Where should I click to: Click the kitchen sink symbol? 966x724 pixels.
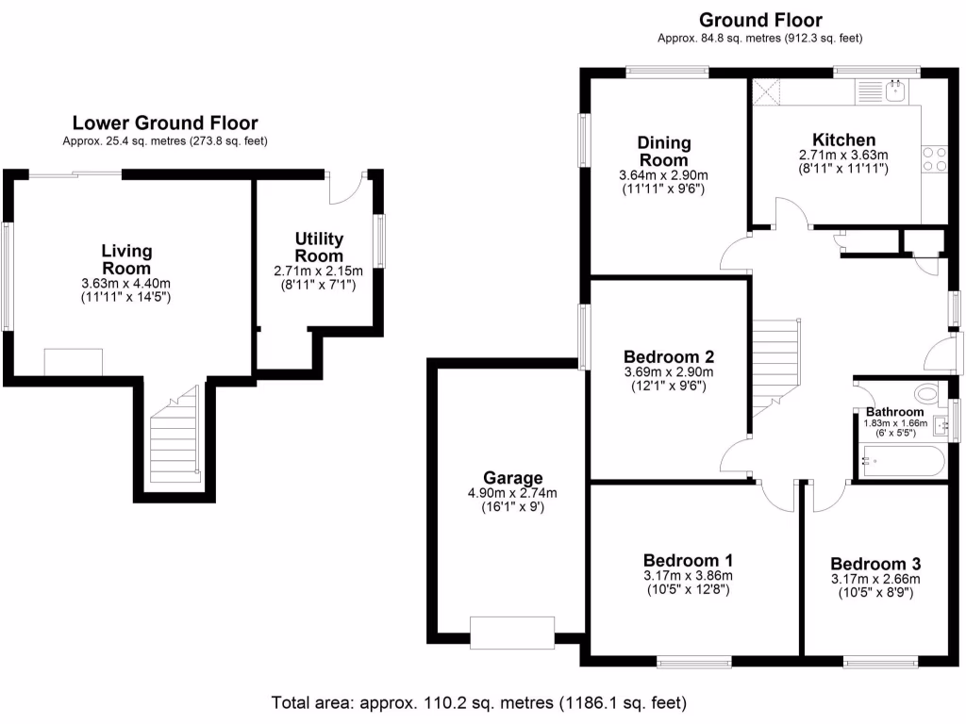tap(881, 91)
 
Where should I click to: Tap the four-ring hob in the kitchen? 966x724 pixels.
tap(934, 158)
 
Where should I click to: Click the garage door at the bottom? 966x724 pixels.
tap(512, 633)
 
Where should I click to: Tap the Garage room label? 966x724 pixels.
tap(512, 478)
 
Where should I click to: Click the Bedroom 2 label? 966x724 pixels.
tap(669, 357)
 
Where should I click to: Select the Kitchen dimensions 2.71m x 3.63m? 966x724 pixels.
tap(843, 156)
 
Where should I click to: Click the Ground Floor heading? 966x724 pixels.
tap(760, 21)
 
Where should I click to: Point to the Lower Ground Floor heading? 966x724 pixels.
tap(165, 123)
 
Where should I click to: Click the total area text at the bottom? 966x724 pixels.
tap(478, 702)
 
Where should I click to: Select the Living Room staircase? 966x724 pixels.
tap(175, 434)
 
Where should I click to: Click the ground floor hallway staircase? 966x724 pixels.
tap(775, 369)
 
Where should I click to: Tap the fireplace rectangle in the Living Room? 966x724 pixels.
tap(74, 362)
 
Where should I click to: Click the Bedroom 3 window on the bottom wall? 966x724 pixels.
tap(880, 663)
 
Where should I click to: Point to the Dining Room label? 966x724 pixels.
tap(663, 152)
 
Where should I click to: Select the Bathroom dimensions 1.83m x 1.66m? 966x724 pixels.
tap(895, 423)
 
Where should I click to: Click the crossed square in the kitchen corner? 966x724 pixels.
tap(766, 91)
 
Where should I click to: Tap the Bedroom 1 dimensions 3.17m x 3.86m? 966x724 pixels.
tap(688, 576)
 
